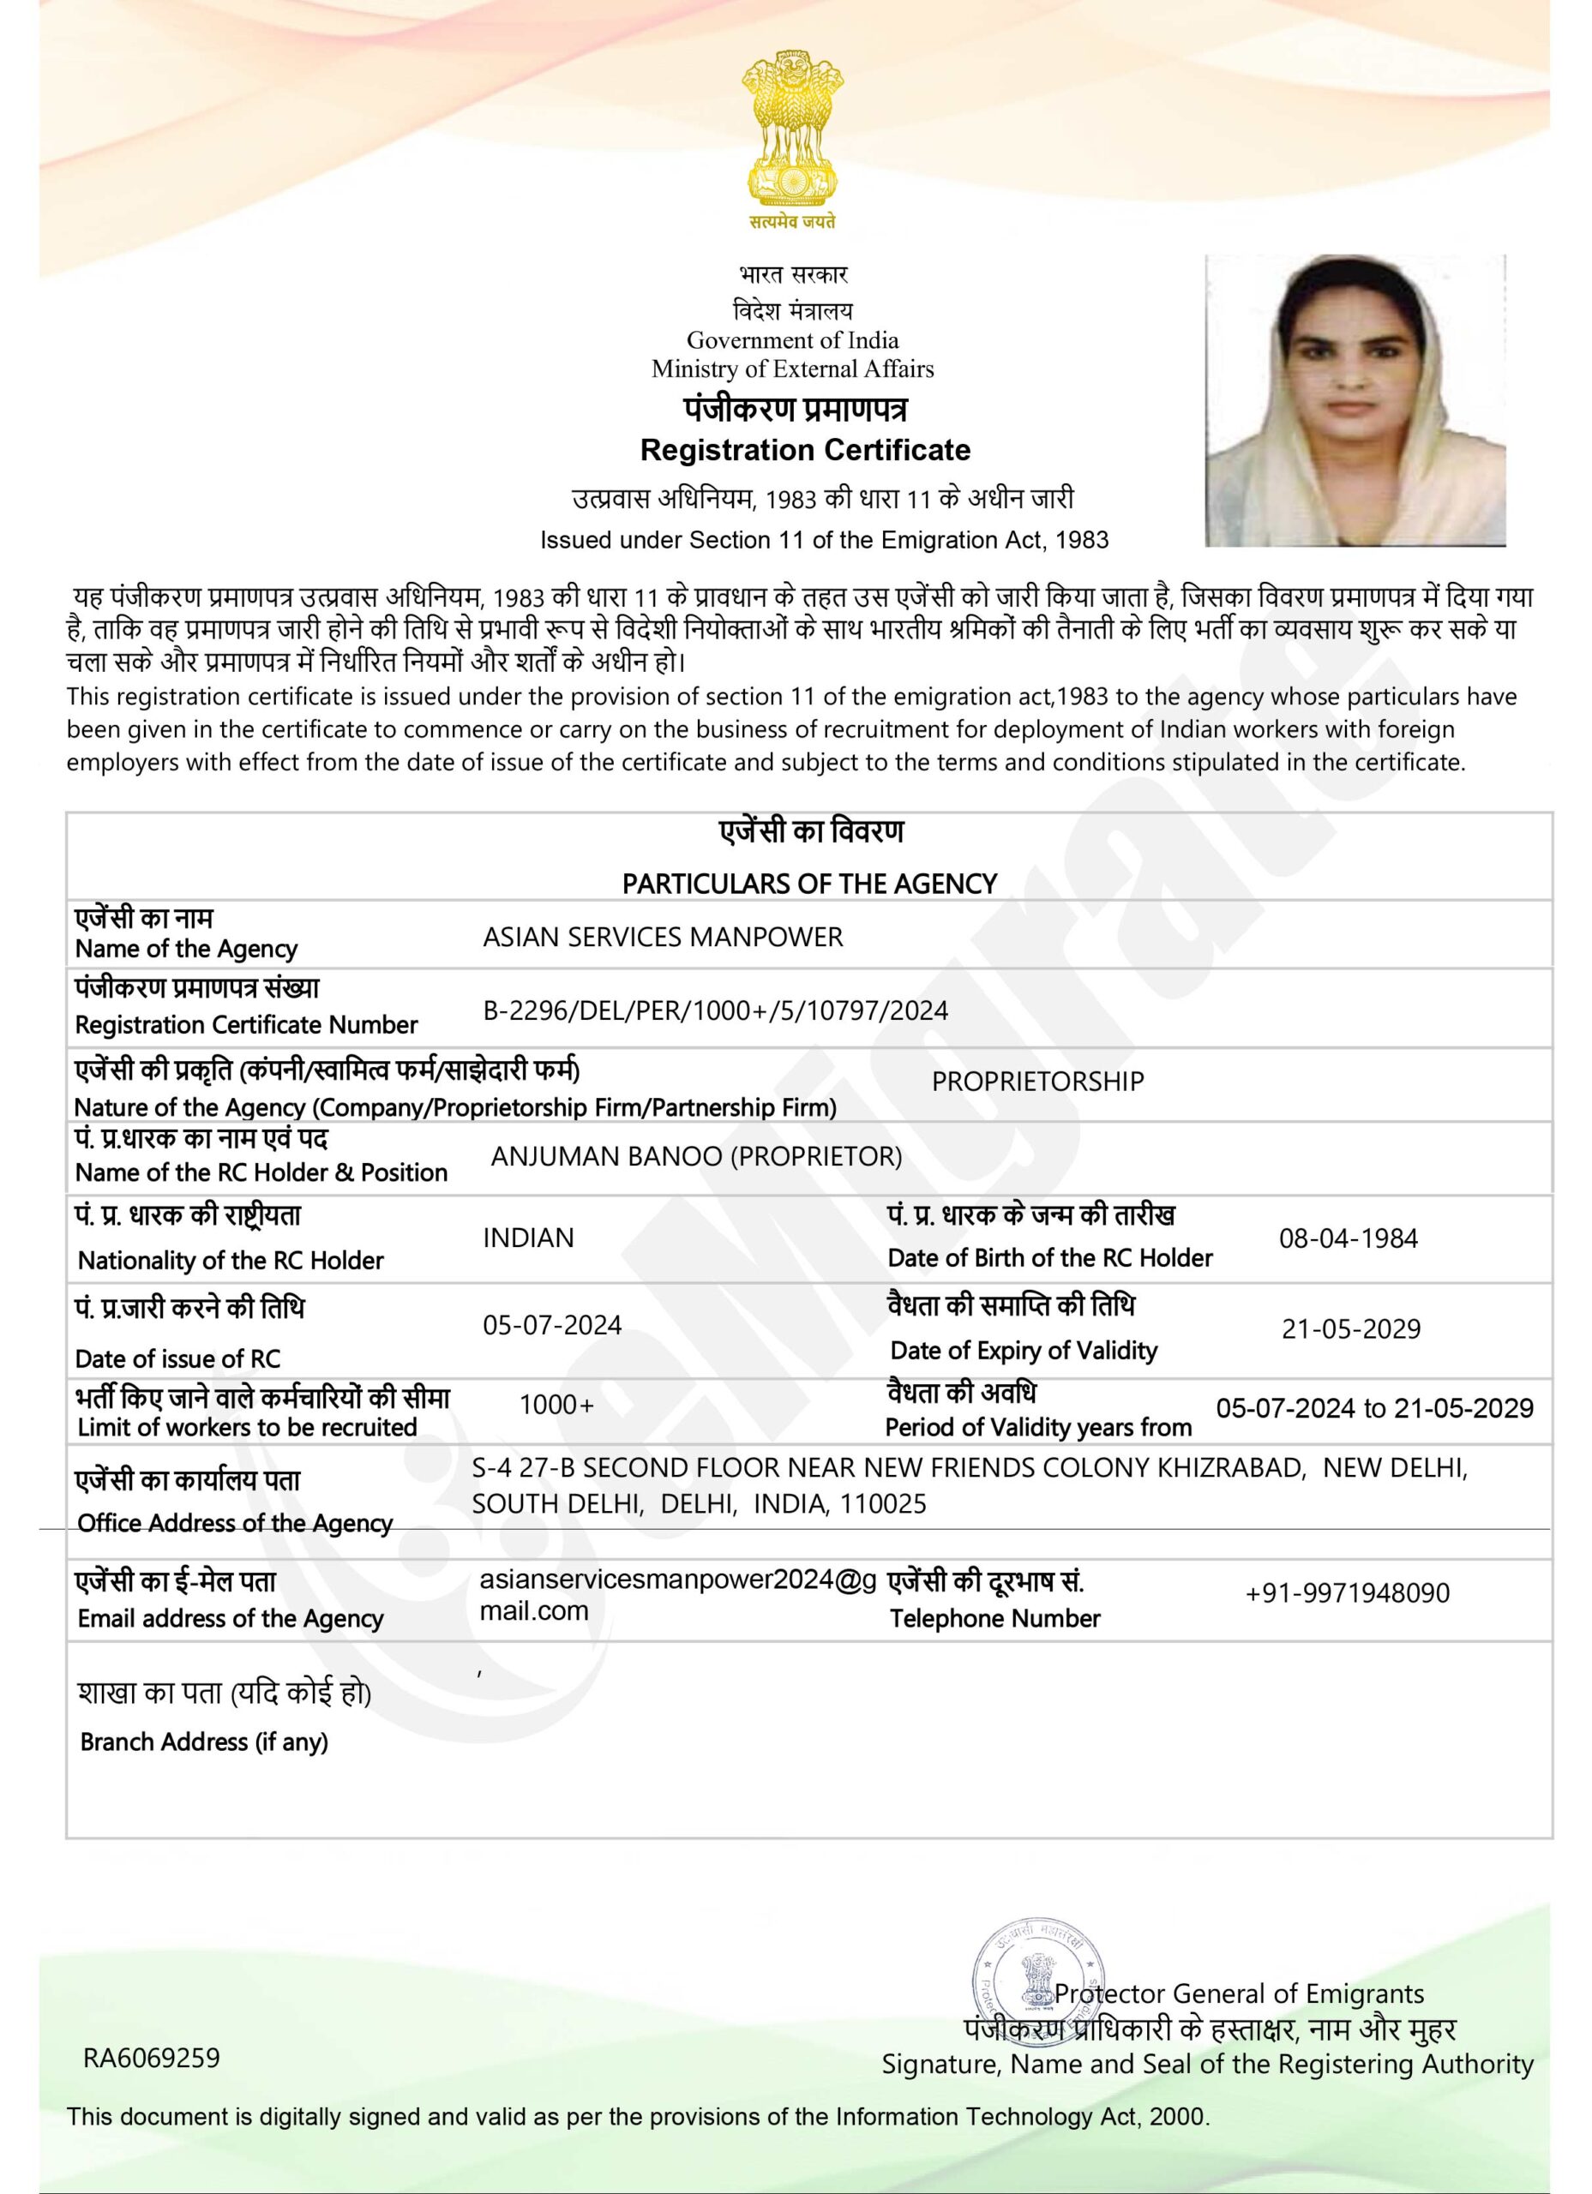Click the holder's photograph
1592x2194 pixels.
(x=1354, y=400)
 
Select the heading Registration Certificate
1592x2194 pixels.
(x=805, y=450)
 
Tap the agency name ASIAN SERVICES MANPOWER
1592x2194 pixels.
(x=663, y=937)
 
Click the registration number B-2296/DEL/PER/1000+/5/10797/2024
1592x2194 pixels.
(x=715, y=1011)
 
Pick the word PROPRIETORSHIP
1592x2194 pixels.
(x=1037, y=1082)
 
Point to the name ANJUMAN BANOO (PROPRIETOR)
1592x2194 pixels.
(x=696, y=1156)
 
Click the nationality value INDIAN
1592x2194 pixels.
(x=528, y=1238)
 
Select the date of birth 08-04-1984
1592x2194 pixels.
(x=1349, y=1238)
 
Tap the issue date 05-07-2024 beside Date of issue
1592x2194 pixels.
(x=551, y=1325)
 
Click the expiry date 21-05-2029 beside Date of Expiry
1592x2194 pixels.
(x=1351, y=1329)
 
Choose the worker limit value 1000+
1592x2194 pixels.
(x=556, y=1405)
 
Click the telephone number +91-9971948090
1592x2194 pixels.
(x=1347, y=1593)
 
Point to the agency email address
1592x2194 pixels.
(x=677, y=1594)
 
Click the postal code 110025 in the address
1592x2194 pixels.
(x=883, y=1504)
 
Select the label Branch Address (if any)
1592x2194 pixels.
(x=203, y=1742)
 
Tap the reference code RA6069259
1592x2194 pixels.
(x=152, y=2058)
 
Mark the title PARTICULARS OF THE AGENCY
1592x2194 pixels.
(x=809, y=884)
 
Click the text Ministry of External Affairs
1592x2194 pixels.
(x=793, y=369)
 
